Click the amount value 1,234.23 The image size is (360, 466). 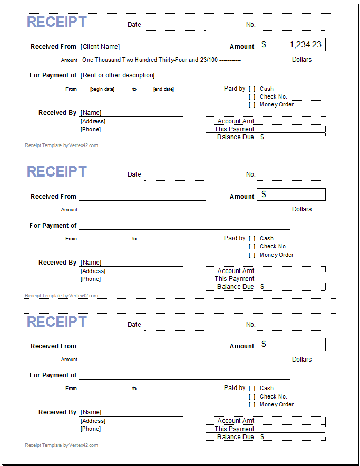coord(302,45)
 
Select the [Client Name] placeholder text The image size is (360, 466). coord(100,47)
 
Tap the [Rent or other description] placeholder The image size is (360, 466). coord(118,75)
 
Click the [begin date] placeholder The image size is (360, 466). coord(102,89)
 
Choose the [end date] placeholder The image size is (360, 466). coord(163,89)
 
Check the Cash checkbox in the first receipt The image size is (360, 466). coord(252,89)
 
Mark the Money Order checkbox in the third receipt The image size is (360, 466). coord(252,405)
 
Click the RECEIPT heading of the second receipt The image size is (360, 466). coord(57,172)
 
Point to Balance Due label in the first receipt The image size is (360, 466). coord(236,137)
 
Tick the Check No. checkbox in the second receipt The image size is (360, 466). coord(252,247)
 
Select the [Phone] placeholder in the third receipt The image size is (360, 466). coord(91,429)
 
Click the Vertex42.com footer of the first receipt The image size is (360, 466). coord(61,145)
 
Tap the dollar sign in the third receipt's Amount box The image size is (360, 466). coord(264,344)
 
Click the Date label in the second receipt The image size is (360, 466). coord(134,174)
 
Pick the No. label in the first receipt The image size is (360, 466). coord(250,25)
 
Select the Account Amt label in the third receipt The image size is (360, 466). coord(236,421)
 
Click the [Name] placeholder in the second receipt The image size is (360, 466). coord(91,263)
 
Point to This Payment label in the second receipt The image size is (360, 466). coord(235,279)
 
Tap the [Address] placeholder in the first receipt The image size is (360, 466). coord(93,122)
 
